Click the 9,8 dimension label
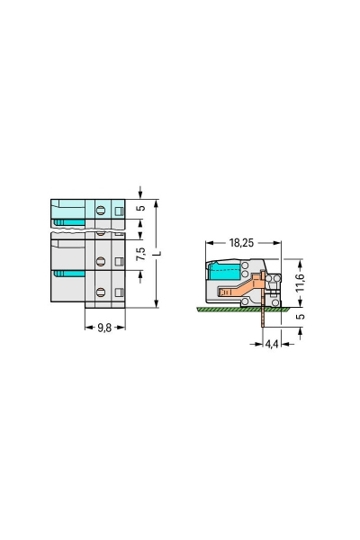(x=106, y=328)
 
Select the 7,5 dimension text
(x=140, y=254)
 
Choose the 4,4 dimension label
(x=272, y=344)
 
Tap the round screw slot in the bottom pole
(x=101, y=292)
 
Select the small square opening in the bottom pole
(x=118, y=292)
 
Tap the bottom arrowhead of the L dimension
(x=157, y=304)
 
